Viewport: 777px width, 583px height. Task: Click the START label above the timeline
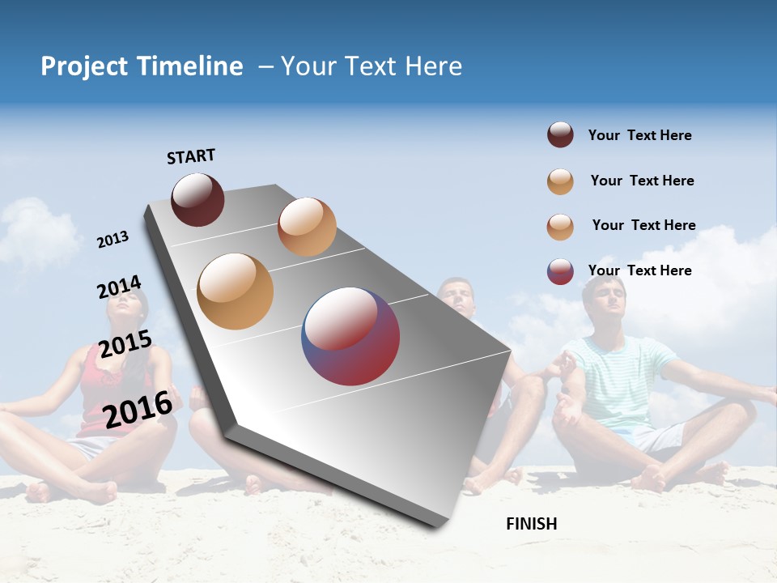coord(191,156)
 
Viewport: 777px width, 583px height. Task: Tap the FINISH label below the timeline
coord(531,524)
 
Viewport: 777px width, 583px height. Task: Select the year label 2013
coord(113,240)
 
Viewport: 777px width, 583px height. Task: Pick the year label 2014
coord(119,287)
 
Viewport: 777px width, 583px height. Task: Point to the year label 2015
coord(125,344)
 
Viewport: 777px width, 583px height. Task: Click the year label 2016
coord(138,410)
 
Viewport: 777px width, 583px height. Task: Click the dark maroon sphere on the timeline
coord(197,200)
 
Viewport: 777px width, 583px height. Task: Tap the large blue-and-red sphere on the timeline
coord(350,336)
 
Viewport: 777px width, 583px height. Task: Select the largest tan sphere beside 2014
coord(235,291)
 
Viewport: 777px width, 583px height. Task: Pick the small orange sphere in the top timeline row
coord(307,227)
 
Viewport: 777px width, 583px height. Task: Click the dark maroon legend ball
coord(560,135)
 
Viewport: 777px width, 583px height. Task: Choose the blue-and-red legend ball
coord(560,271)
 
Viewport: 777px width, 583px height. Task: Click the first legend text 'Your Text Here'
coord(639,136)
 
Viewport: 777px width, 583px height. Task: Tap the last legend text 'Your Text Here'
coord(639,270)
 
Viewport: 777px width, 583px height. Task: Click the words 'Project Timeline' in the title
coord(142,66)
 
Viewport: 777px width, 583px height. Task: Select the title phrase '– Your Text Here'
coord(360,66)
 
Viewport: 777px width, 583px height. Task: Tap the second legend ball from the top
coord(560,181)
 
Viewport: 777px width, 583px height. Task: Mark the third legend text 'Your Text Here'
coord(643,225)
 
